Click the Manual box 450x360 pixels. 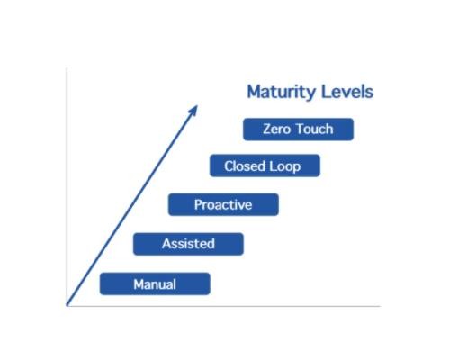(x=155, y=283)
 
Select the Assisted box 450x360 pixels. (x=188, y=244)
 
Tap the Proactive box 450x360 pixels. (x=223, y=204)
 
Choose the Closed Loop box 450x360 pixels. (x=265, y=166)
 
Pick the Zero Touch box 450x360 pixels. (x=299, y=130)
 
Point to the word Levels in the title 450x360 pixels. (x=347, y=92)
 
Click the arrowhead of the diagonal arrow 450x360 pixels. (x=193, y=110)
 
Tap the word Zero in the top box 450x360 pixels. (x=276, y=130)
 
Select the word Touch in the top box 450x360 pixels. (x=315, y=129)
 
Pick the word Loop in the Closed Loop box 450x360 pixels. (x=285, y=166)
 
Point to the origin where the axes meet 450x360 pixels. (x=67, y=306)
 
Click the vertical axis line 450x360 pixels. (x=67, y=187)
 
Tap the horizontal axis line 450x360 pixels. (x=224, y=306)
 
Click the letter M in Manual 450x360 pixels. (x=139, y=284)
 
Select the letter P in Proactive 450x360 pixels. (x=198, y=204)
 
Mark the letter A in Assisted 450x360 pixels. (x=166, y=244)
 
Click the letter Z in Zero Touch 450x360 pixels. (x=267, y=130)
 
